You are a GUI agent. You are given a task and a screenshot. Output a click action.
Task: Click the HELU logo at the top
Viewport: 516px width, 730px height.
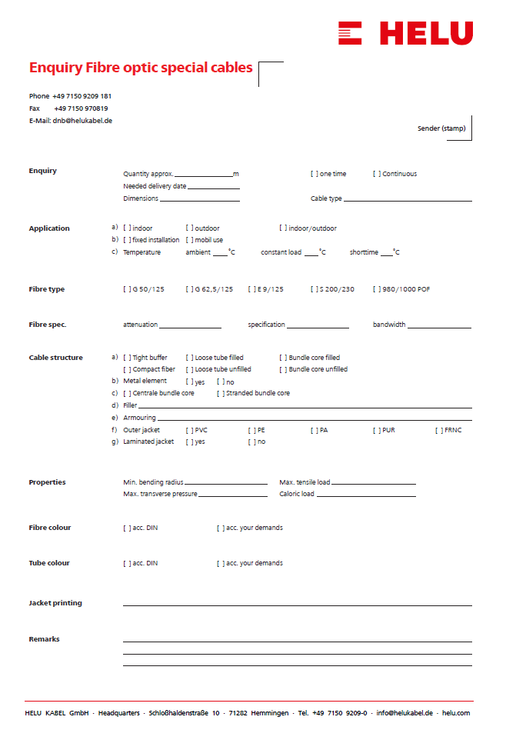tap(405, 32)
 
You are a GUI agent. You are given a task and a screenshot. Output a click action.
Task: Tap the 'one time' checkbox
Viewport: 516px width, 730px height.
tap(314, 174)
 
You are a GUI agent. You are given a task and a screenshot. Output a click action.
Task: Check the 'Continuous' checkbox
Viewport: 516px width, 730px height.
tap(376, 174)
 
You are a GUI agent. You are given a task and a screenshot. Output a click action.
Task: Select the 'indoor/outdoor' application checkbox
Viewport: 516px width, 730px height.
tap(282, 228)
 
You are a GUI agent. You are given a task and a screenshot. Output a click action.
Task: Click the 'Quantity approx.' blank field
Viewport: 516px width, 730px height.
tap(203, 175)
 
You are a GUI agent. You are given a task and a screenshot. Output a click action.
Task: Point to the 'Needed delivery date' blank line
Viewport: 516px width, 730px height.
tap(213, 187)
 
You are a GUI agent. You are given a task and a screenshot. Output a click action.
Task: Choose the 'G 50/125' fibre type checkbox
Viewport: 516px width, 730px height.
tap(126, 289)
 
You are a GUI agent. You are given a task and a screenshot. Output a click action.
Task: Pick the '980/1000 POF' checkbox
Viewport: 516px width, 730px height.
tap(376, 289)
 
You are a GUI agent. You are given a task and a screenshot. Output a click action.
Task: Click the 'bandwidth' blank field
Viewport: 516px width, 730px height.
tap(439, 326)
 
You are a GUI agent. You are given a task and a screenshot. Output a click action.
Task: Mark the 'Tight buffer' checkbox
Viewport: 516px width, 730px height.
tap(126, 358)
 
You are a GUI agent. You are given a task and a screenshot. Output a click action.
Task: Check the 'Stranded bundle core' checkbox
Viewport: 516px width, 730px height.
tap(220, 393)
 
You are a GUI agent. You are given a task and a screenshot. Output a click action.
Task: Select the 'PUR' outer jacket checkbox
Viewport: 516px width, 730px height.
tap(376, 430)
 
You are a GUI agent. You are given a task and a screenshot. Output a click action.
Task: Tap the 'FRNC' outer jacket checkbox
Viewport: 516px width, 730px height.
tap(438, 430)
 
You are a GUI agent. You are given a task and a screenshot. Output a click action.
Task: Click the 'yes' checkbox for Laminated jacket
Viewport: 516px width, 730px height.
tap(189, 442)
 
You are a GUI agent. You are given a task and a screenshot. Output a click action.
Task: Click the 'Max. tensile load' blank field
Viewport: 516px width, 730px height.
tap(373, 483)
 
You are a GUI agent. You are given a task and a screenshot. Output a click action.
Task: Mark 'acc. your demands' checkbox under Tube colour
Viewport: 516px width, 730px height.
tap(220, 563)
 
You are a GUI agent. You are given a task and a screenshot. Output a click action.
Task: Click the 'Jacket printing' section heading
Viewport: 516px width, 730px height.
tap(55, 603)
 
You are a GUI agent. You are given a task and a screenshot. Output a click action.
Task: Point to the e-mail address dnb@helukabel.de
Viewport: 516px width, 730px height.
tap(82, 121)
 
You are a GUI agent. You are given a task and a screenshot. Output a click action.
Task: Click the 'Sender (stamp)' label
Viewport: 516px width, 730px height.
tap(441, 128)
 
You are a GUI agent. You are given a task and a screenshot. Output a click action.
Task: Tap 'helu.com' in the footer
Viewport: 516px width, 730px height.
tap(456, 713)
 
